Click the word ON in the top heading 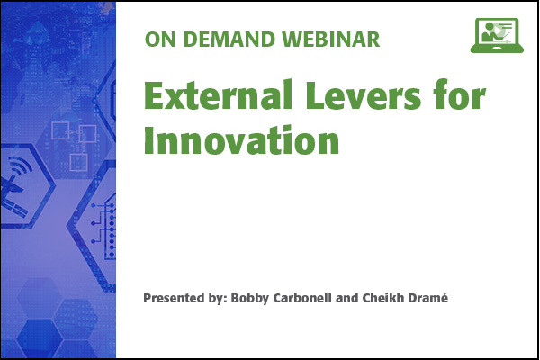pos(157,40)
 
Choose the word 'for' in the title pos(459,94)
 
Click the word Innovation pos(241,139)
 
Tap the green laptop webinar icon pos(497,35)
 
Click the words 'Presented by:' pos(184,298)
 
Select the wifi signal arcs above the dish pos(22,166)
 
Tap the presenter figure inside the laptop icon pos(488,32)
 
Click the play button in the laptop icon pos(500,31)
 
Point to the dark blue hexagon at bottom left pos(39,336)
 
